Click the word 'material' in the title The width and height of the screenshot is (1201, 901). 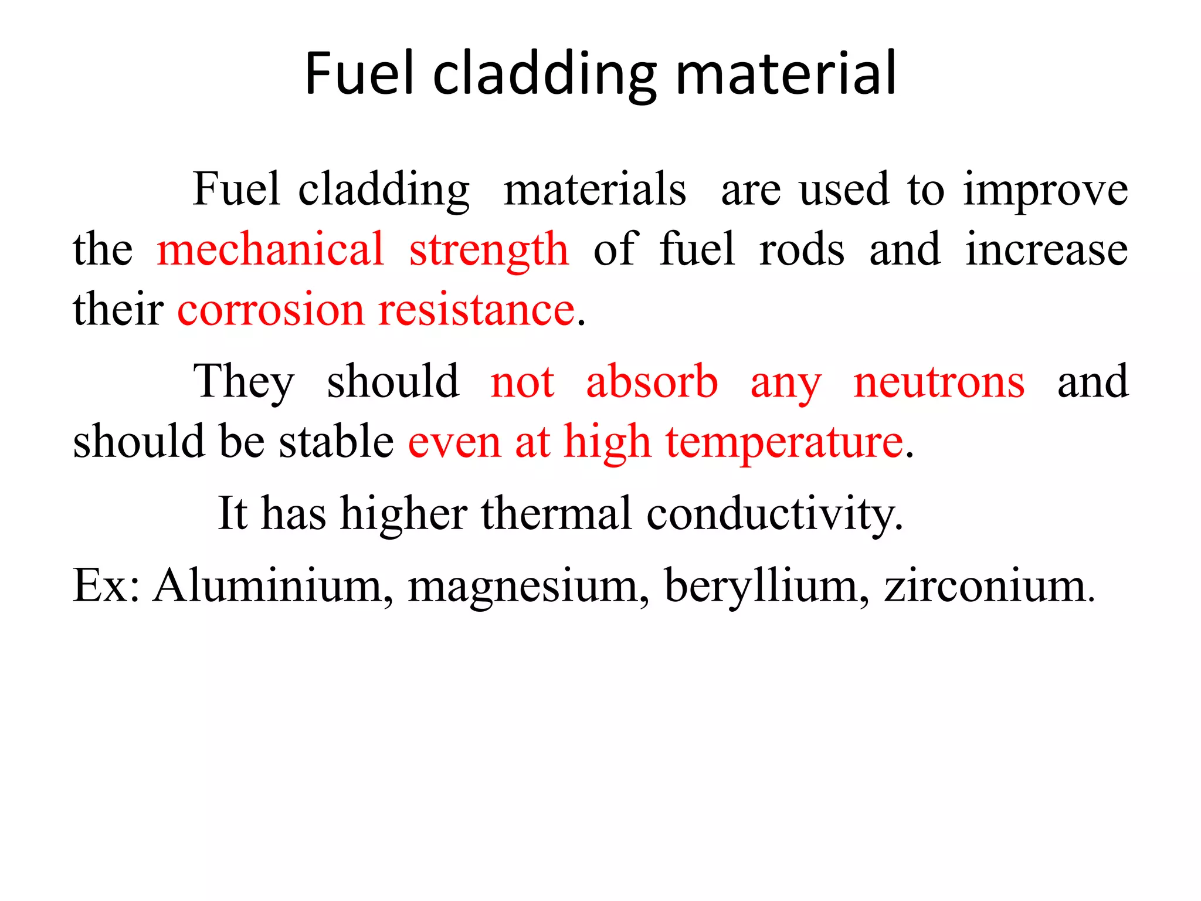786,73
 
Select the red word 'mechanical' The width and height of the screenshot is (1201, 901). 270,249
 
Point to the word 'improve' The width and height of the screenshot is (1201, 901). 1046,191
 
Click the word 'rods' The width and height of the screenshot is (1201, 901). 802,249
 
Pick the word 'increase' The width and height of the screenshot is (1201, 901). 1047,249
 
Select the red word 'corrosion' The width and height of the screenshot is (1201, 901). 270,309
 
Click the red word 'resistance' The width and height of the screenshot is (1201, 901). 476,309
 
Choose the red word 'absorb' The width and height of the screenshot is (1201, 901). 652,381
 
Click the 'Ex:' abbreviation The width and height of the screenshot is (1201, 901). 106,585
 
